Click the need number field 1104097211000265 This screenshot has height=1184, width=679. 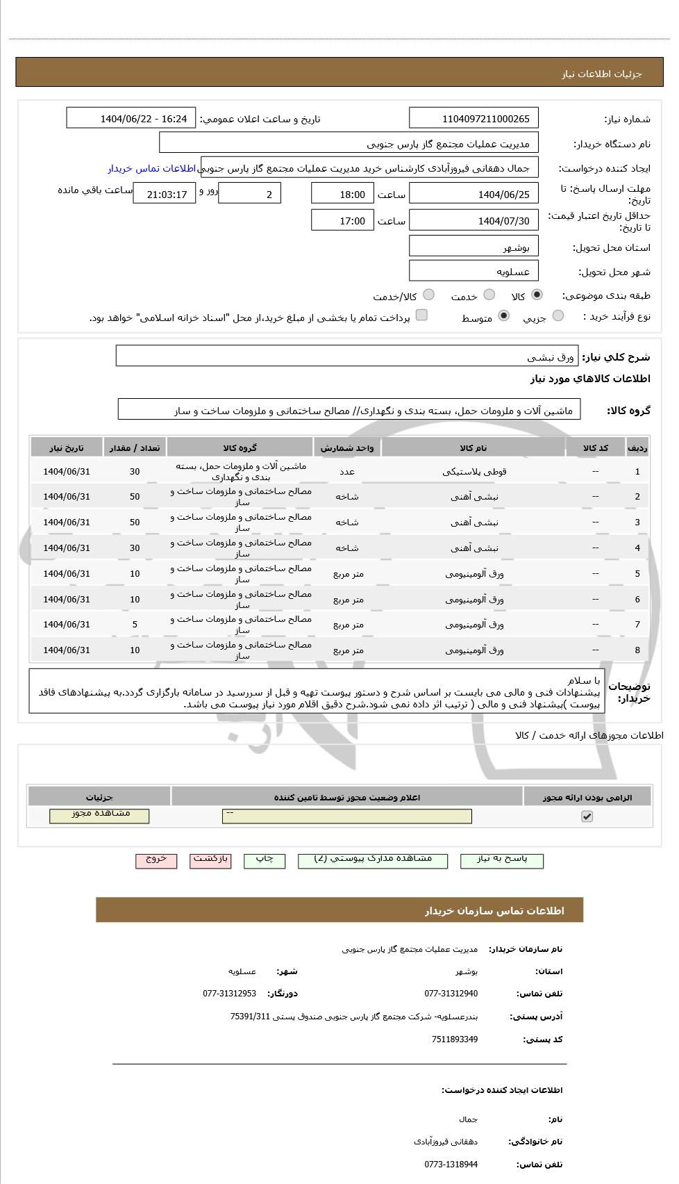click(x=473, y=119)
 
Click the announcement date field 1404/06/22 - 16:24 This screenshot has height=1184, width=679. click(x=131, y=119)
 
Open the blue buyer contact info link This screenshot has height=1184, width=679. click(x=152, y=169)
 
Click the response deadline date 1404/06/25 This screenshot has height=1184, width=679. click(x=473, y=194)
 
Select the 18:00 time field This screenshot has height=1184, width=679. click(x=342, y=194)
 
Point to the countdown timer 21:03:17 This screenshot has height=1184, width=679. click(x=164, y=194)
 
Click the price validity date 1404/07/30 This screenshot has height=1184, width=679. click(x=473, y=221)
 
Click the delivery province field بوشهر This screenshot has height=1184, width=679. click(x=473, y=247)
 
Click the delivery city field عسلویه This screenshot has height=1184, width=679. click(x=473, y=271)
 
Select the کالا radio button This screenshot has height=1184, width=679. click(x=537, y=295)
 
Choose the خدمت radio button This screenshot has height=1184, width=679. click(x=489, y=295)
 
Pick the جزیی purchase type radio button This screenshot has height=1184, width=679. click(x=558, y=317)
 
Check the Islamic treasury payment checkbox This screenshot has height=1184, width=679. click(x=421, y=316)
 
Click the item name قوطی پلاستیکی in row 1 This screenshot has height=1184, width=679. click(x=473, y=472)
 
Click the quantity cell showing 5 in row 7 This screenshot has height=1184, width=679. click(x=135, y=625)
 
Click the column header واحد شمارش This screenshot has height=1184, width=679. click(x=347, y=448)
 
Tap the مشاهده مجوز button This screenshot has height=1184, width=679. click(x=99, y=815)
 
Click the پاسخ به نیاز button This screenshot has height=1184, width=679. click(x=502, y=860)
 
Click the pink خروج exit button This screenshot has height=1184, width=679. click(x=156, y=860)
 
